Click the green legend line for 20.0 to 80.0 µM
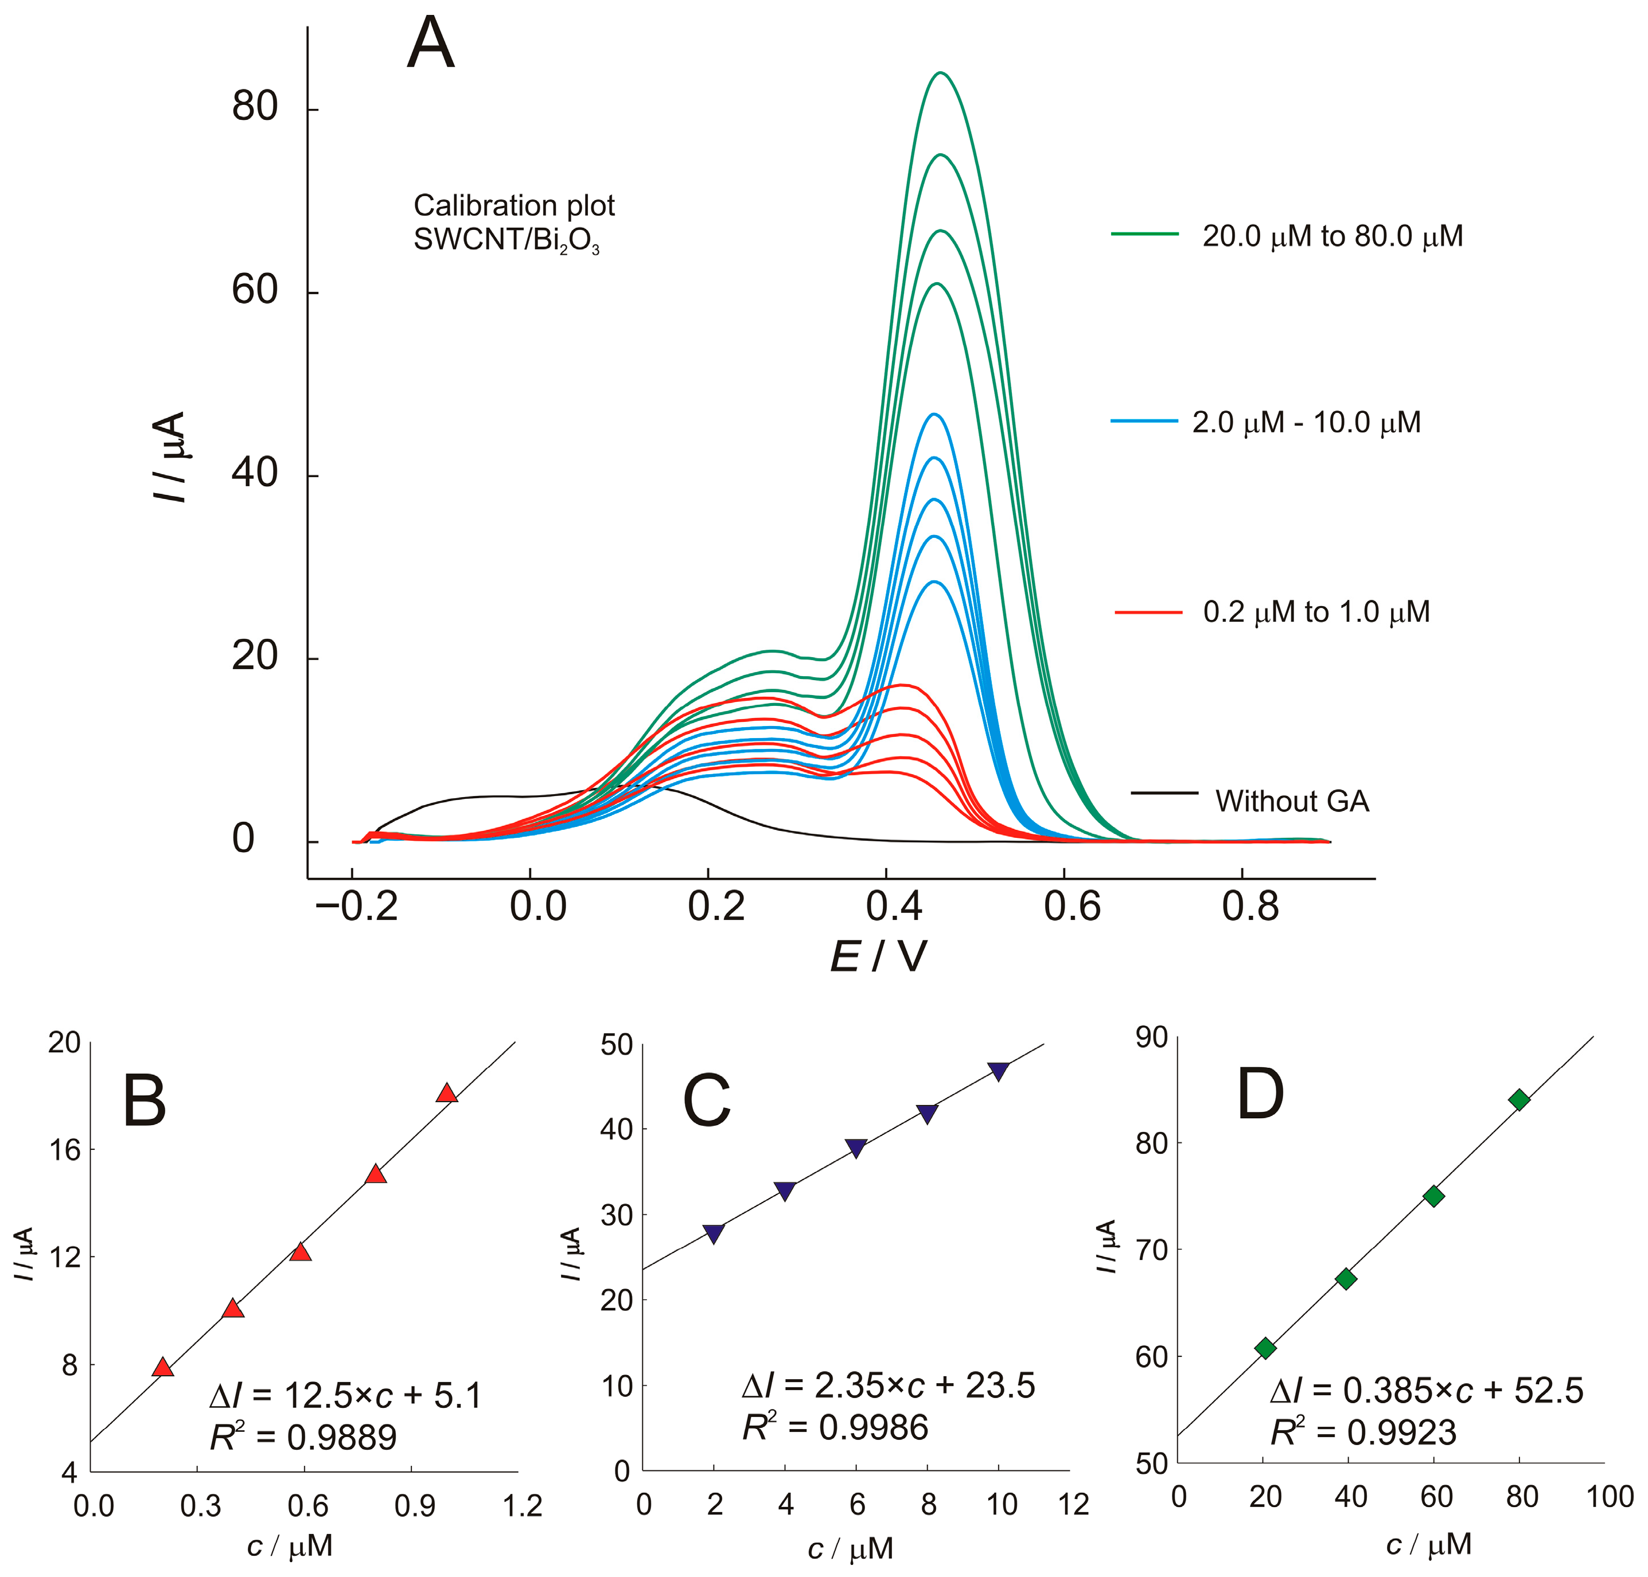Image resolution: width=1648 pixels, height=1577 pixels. (x=1144, y=235)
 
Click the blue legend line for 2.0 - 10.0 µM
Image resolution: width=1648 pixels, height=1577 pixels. (x=1144, y=420)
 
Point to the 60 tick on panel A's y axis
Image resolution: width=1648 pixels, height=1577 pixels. (x=255, y=291)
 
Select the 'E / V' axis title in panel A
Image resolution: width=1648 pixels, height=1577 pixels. (x=879, y=957)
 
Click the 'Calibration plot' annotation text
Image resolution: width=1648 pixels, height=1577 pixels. (x=514, y=206)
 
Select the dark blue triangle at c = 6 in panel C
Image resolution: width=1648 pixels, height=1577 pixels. (x=856, y=1148)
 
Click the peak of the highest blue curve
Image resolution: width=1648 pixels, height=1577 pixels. (x=933, y=415)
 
